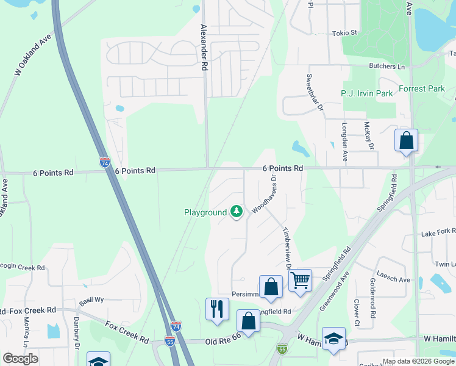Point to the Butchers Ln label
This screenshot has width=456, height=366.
[x=387, y=66]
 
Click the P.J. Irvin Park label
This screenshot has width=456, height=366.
[x=366, y=93]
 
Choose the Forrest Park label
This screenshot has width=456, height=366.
[x=422, y=88]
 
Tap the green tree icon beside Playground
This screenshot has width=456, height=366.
[x=237, y=212]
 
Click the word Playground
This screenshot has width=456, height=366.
[x=205, y=213]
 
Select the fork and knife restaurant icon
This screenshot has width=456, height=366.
[x=217, y=309]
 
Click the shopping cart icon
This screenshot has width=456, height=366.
[x=300, y=281]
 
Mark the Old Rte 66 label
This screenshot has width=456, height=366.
[x=224, y=343]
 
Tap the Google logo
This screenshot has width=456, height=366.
[x=20, y=359]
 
